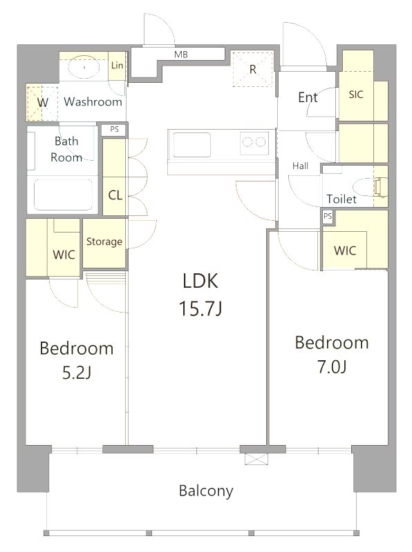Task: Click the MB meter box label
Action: (x=181, y=55)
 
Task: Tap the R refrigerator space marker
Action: (x=252, y=70)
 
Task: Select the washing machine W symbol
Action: (x=42, y=103)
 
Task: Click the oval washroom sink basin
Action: (x=84, y=66)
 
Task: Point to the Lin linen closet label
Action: (x=117, y=65)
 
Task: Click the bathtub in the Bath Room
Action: (x=63, y=195)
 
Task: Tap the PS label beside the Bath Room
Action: (x=114, y=129)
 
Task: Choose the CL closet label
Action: (x=115, y=195)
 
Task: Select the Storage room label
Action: (x=104, y=241)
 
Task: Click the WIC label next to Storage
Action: (x=64, y=255)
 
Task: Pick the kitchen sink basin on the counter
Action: (x=192, y=144)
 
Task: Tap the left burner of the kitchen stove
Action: (x=247, y=142)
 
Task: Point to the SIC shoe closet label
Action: (x=355, y=95)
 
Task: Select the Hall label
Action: (x=300, y=166)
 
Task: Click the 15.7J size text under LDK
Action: (x=200, y=308)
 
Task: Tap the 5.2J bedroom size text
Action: (x=77, y=373)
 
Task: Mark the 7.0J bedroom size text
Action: (x=332, y=367)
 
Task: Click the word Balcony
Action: (x=206, y=491)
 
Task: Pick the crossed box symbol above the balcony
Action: (x=256, y=459)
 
